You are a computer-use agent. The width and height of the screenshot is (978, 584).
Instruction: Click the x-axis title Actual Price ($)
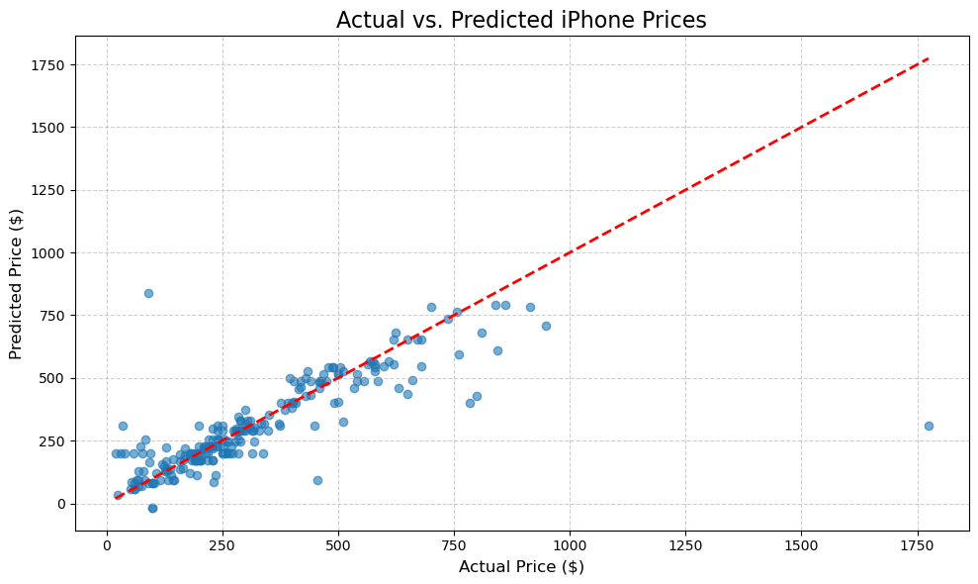tap(521, 567)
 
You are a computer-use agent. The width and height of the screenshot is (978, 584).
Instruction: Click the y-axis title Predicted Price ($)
tap(16, 283)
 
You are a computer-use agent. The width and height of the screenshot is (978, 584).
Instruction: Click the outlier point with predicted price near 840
tap(148, 293)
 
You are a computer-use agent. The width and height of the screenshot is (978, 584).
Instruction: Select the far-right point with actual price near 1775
tap(929, 426)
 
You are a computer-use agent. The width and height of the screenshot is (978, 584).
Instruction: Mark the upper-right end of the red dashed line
tap(928, 58)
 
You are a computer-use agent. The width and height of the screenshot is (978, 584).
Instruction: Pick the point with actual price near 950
tap(546, 326)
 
